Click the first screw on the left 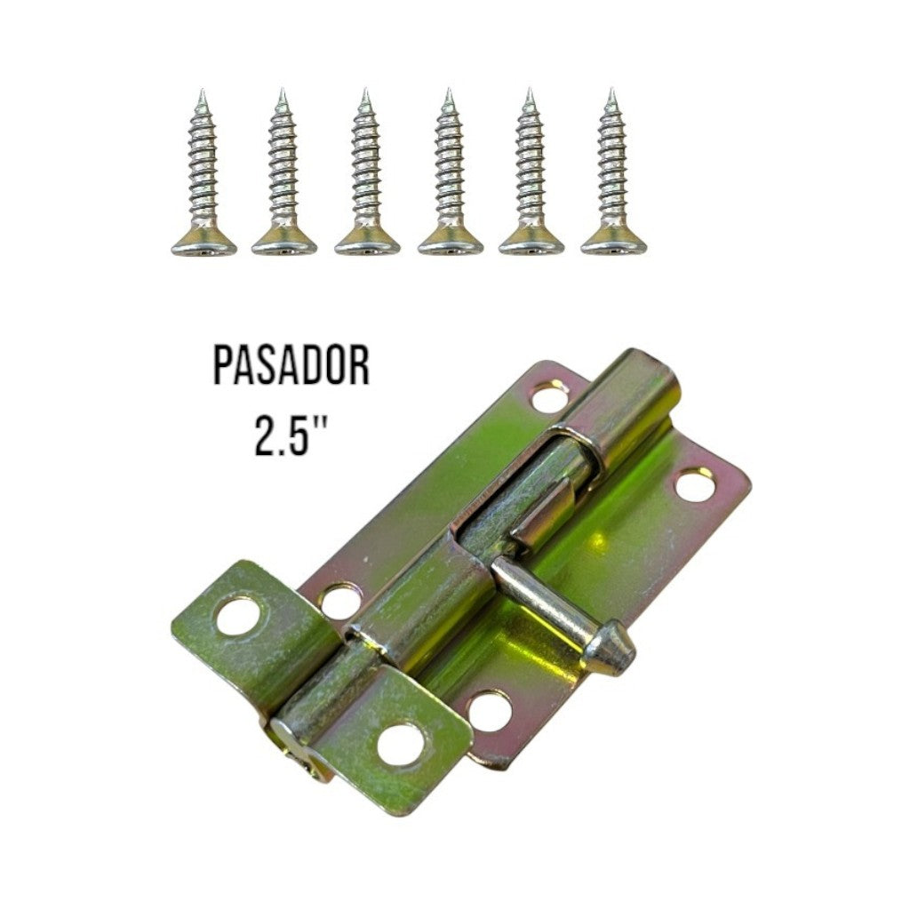point(204,178)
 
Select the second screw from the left point(283,178)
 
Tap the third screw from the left point(366,178)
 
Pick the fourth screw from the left point(450,178)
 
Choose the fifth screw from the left point(531,178)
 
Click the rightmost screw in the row point(613,178)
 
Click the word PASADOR point(291,367)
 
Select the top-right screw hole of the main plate point(694,485)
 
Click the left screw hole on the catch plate point(236,616)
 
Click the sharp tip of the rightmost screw point(611,92)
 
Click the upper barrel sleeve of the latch point(627,404)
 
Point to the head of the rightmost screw point(613,240)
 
